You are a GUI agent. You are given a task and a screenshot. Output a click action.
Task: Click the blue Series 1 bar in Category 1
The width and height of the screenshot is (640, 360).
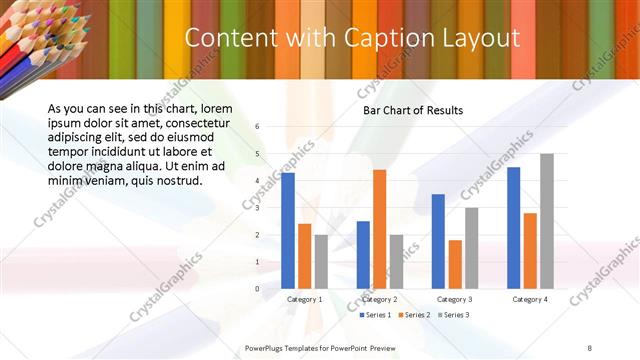tap(288, 231)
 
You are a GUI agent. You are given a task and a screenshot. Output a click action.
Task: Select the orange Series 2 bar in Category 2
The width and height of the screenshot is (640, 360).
tap(379, 229)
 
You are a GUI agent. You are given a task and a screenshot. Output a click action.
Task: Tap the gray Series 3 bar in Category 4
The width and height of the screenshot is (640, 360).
tap(546, 221)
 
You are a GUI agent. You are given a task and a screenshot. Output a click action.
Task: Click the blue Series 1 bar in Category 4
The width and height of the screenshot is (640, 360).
tap(513, 228)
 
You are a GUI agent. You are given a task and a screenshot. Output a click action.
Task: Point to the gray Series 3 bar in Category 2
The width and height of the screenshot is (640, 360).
tap(396, 262)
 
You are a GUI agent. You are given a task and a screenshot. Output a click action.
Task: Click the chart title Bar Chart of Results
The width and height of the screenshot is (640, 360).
tap(413, 110)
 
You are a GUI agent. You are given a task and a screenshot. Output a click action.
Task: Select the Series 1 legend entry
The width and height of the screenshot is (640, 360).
tap(376, 315)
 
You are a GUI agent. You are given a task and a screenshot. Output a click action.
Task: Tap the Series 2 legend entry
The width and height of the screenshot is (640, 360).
tap(414, 315)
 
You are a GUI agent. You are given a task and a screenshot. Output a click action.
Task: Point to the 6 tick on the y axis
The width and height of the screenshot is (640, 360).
tap(257, 127)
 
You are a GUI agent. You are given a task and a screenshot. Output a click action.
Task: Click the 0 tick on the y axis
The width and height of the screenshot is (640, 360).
tap(257, 289)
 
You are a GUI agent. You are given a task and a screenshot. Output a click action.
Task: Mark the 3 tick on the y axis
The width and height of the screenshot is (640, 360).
tap(257, 208)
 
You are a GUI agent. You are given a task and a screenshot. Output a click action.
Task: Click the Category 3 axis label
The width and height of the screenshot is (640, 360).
tap(455, 299)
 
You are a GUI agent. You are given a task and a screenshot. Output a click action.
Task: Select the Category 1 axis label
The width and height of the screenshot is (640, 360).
tap(305, 299)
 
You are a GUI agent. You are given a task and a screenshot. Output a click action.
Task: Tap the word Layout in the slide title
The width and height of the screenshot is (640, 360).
tap(476, 38)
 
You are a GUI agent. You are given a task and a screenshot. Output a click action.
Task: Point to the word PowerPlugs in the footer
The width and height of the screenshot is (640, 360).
tap(268, 348)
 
